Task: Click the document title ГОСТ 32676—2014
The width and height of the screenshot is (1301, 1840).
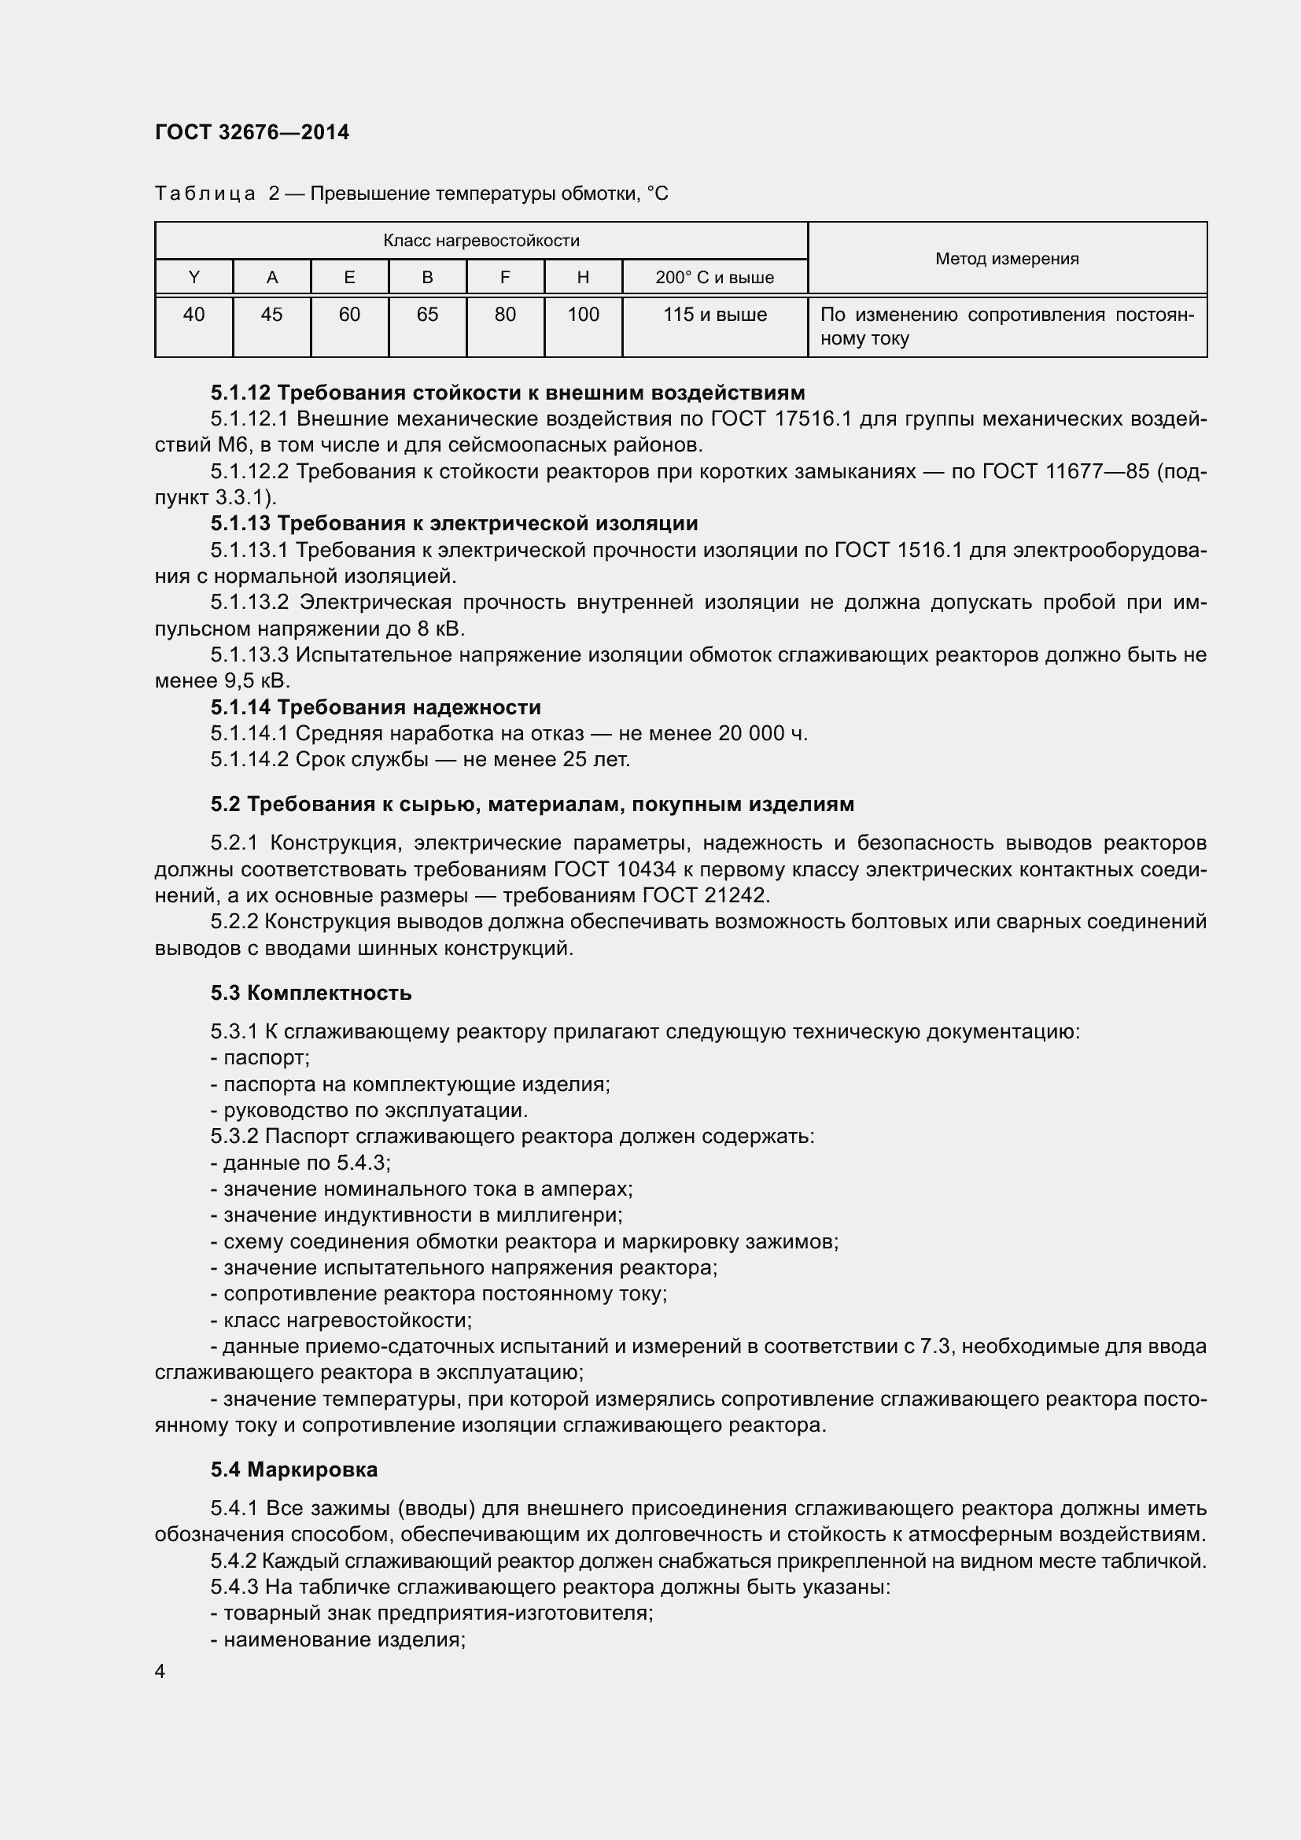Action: tap(252, 132)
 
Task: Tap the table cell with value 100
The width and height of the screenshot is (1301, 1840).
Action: tap(582, 315)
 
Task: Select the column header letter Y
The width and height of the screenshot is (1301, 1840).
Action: tap(193, 277)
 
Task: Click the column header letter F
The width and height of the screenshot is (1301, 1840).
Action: tap(505, 277)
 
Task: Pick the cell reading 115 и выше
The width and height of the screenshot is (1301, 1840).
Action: tap(713, 315)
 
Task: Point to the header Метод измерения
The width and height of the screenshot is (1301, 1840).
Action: tap(1006, 259)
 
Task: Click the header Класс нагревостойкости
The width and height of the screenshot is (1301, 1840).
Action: tap(481, 241)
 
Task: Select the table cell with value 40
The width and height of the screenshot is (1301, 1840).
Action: tap(193, 315)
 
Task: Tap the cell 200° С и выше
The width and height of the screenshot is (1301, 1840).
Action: tap(713, 278)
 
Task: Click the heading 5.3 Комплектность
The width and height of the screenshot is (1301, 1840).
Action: tap(311, 993)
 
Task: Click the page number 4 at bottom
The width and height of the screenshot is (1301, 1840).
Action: tap(160, 1671)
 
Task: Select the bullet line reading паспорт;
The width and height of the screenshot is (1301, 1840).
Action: tap(260, 1058)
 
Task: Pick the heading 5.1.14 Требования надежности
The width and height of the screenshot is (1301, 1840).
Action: tap(376, 708)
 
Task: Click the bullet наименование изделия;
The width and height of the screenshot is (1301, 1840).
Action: tap(338, 1639)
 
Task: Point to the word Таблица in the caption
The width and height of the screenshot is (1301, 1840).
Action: tap(205, 194)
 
